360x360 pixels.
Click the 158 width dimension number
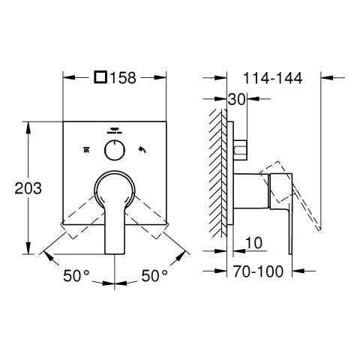pos(123,78)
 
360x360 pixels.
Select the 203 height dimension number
pos(28,188)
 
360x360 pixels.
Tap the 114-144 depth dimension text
pos(273,78)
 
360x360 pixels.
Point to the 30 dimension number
pos(236,100)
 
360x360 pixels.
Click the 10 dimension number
pos(253,242)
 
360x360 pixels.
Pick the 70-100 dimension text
pos(258,271)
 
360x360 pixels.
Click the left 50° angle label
pos(76,276)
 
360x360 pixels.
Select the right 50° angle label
pos(154,276)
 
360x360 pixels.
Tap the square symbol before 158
pos(100,77)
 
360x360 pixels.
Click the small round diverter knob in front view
pos(115,150)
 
